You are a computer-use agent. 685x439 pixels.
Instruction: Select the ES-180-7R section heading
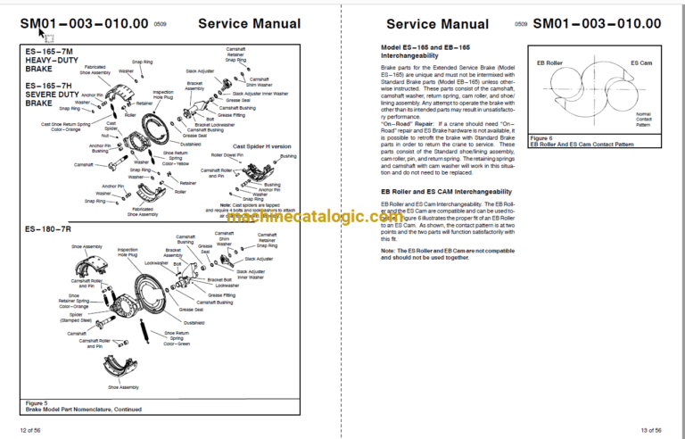click(46, 230)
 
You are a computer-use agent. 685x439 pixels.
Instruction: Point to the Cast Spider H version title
click(261, 145)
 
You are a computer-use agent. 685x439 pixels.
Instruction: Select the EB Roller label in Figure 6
click(547, 64)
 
